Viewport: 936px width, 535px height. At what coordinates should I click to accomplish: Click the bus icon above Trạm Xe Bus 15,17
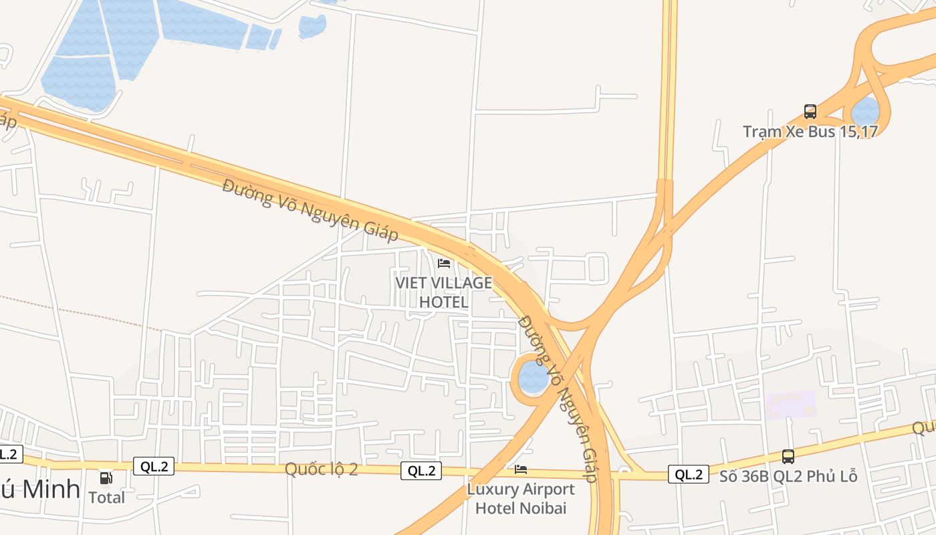[810, 112]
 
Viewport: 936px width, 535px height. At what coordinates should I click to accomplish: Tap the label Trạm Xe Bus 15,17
[810, 131]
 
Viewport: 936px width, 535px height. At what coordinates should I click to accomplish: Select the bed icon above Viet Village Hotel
[444, 263]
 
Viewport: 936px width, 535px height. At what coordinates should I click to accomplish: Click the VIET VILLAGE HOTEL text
[444, 292]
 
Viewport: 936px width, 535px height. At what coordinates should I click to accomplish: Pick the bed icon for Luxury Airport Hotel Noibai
[521, 469]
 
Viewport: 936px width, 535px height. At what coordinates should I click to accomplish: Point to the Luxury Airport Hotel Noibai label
[521, 498]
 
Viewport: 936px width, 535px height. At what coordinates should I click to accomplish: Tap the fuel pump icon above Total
[106, 478]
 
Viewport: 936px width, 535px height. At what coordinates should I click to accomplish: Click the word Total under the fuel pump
[107, 498]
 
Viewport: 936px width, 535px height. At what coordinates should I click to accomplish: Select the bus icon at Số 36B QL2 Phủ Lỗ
[788, 457]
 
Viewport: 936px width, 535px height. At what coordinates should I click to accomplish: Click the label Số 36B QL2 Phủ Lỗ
[788, 476]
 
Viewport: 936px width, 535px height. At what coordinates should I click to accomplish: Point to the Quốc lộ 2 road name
[321, 469]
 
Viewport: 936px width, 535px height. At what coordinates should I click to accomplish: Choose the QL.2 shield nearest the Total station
[154, 466]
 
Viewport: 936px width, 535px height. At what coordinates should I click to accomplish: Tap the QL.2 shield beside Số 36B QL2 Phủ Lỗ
[689, 474]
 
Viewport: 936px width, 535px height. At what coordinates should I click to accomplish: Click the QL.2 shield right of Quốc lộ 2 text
[421, 471]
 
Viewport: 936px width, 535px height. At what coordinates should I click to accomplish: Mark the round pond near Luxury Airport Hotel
[534, 377]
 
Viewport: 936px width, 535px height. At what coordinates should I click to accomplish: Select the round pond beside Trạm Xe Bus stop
[866, 111]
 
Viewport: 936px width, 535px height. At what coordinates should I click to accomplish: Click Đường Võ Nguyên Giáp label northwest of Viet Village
[310, 209]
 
